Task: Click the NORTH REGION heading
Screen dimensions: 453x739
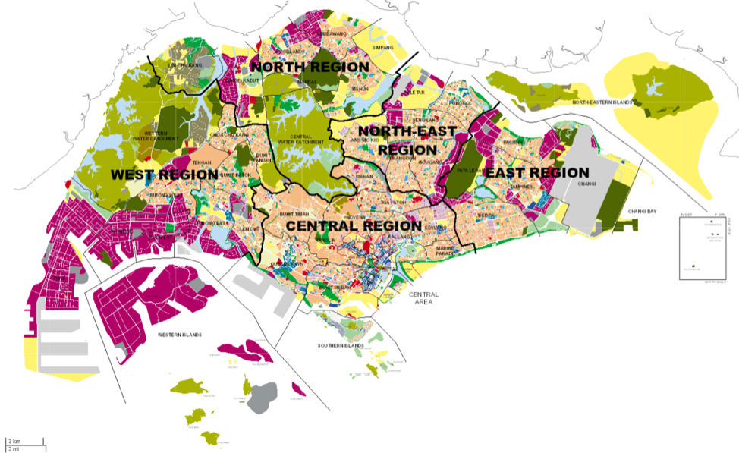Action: point(310,68)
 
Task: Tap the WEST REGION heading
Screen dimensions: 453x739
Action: point(164,175)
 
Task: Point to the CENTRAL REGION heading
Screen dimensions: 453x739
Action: point(353,225)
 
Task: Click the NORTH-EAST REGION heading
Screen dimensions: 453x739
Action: point(407,140)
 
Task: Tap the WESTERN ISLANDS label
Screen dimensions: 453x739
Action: point(180,335)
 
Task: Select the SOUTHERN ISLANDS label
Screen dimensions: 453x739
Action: point(341,346)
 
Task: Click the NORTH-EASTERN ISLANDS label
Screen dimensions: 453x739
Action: point(602,102)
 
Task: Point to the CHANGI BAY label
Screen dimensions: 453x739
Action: point(643,212)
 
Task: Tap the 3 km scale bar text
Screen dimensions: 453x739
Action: point(14,441)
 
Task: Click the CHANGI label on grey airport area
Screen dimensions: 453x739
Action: point(586,184)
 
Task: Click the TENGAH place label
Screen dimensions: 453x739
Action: point(202,162)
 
